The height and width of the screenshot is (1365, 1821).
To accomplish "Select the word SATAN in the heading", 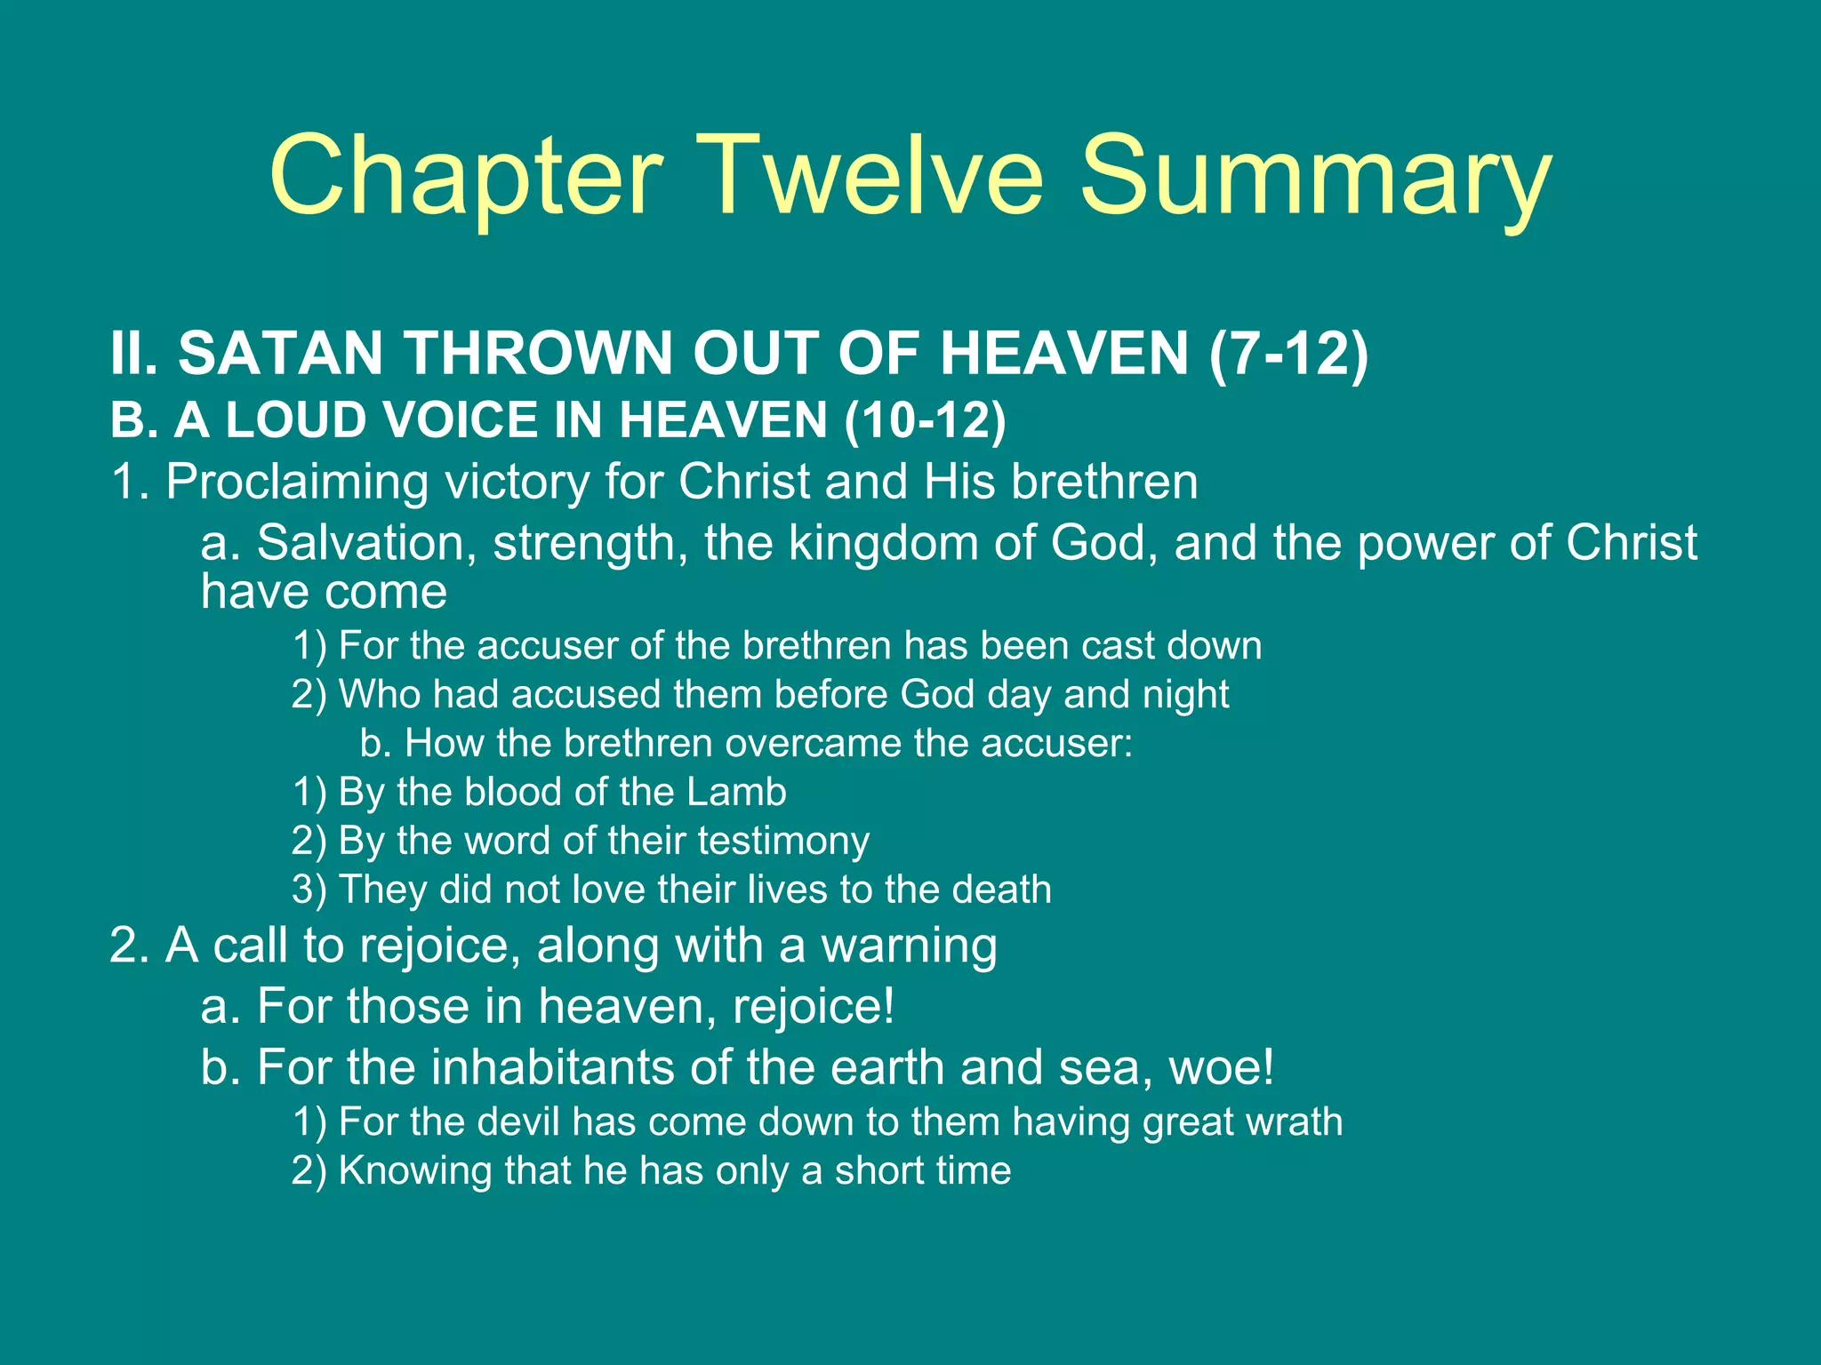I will point(281,354).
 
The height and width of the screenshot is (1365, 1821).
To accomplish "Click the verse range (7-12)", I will point(1288,354).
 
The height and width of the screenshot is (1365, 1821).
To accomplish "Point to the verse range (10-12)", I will point(925,419).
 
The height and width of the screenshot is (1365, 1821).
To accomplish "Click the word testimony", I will point(783,841).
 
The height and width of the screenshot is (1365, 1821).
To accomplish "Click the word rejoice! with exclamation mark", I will point(814,1007).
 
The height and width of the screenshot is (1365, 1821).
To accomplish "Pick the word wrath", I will point(1294,1122).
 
